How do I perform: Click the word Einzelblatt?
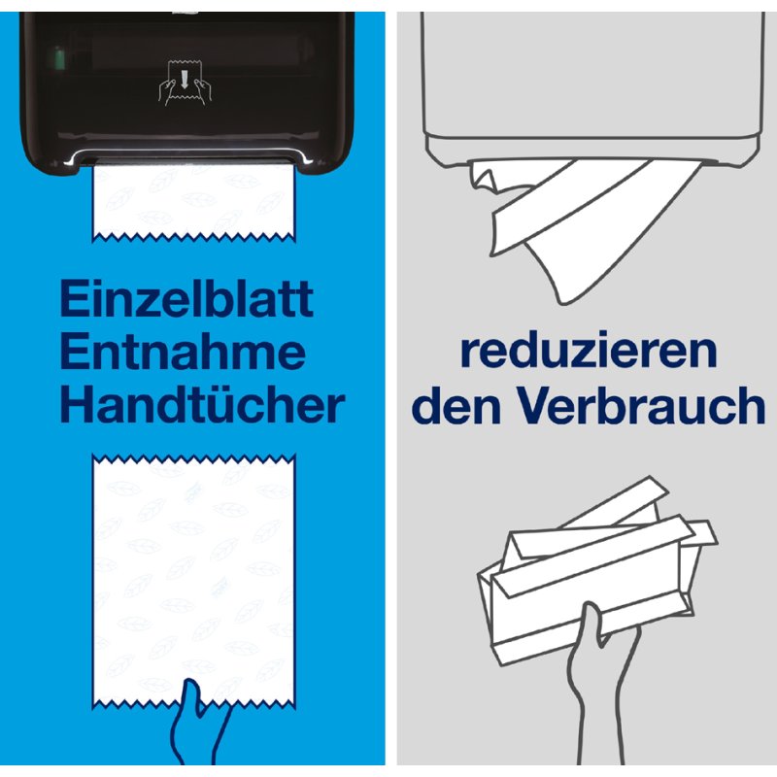[186, 298]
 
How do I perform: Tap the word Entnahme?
[183, 352]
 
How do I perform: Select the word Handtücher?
[202, 404]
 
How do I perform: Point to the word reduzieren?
[589, 350]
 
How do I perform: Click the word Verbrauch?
[641, 404]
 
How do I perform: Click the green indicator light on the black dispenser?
[58, 57]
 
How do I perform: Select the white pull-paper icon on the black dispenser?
[185, 83]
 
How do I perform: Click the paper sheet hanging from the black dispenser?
[193, 202]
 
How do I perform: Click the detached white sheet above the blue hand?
[193, 581]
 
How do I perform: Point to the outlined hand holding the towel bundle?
[600, 684]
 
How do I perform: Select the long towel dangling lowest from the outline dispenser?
[615, 233]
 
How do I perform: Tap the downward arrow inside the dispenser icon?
[185, 80]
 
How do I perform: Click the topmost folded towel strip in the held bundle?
[615, 501]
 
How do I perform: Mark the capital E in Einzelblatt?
[72, 298]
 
